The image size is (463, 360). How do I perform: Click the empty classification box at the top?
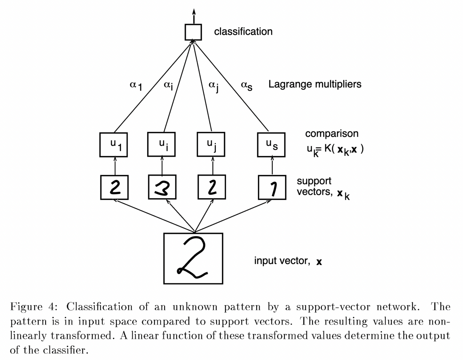point(193,32)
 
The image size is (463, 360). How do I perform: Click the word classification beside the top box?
point(243,32)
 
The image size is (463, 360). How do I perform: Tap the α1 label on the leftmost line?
point(136,86)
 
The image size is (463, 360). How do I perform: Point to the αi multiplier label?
point(168,86)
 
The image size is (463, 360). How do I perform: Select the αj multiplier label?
point(213,86)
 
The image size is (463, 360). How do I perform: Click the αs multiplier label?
point(247,86)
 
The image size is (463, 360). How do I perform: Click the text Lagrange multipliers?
point(315,85)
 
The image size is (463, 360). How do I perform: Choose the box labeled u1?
point(114,144)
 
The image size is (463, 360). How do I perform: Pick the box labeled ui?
point(162,144)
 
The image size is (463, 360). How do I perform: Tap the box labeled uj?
point(211,144)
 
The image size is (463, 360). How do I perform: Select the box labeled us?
point(271,144)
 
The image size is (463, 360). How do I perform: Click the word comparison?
point(331,134)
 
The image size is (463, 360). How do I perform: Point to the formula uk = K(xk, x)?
point(335,149)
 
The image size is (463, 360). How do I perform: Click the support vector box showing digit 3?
point(162,187)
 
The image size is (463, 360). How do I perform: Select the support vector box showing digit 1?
point(272,187)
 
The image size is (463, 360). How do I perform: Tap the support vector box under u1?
point(114,187)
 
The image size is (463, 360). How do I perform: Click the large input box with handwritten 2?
point(193,258)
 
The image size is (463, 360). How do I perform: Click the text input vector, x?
point(288,261)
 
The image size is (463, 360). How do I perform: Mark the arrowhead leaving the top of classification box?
point(194,10)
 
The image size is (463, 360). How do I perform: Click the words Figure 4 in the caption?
point(32,307)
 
